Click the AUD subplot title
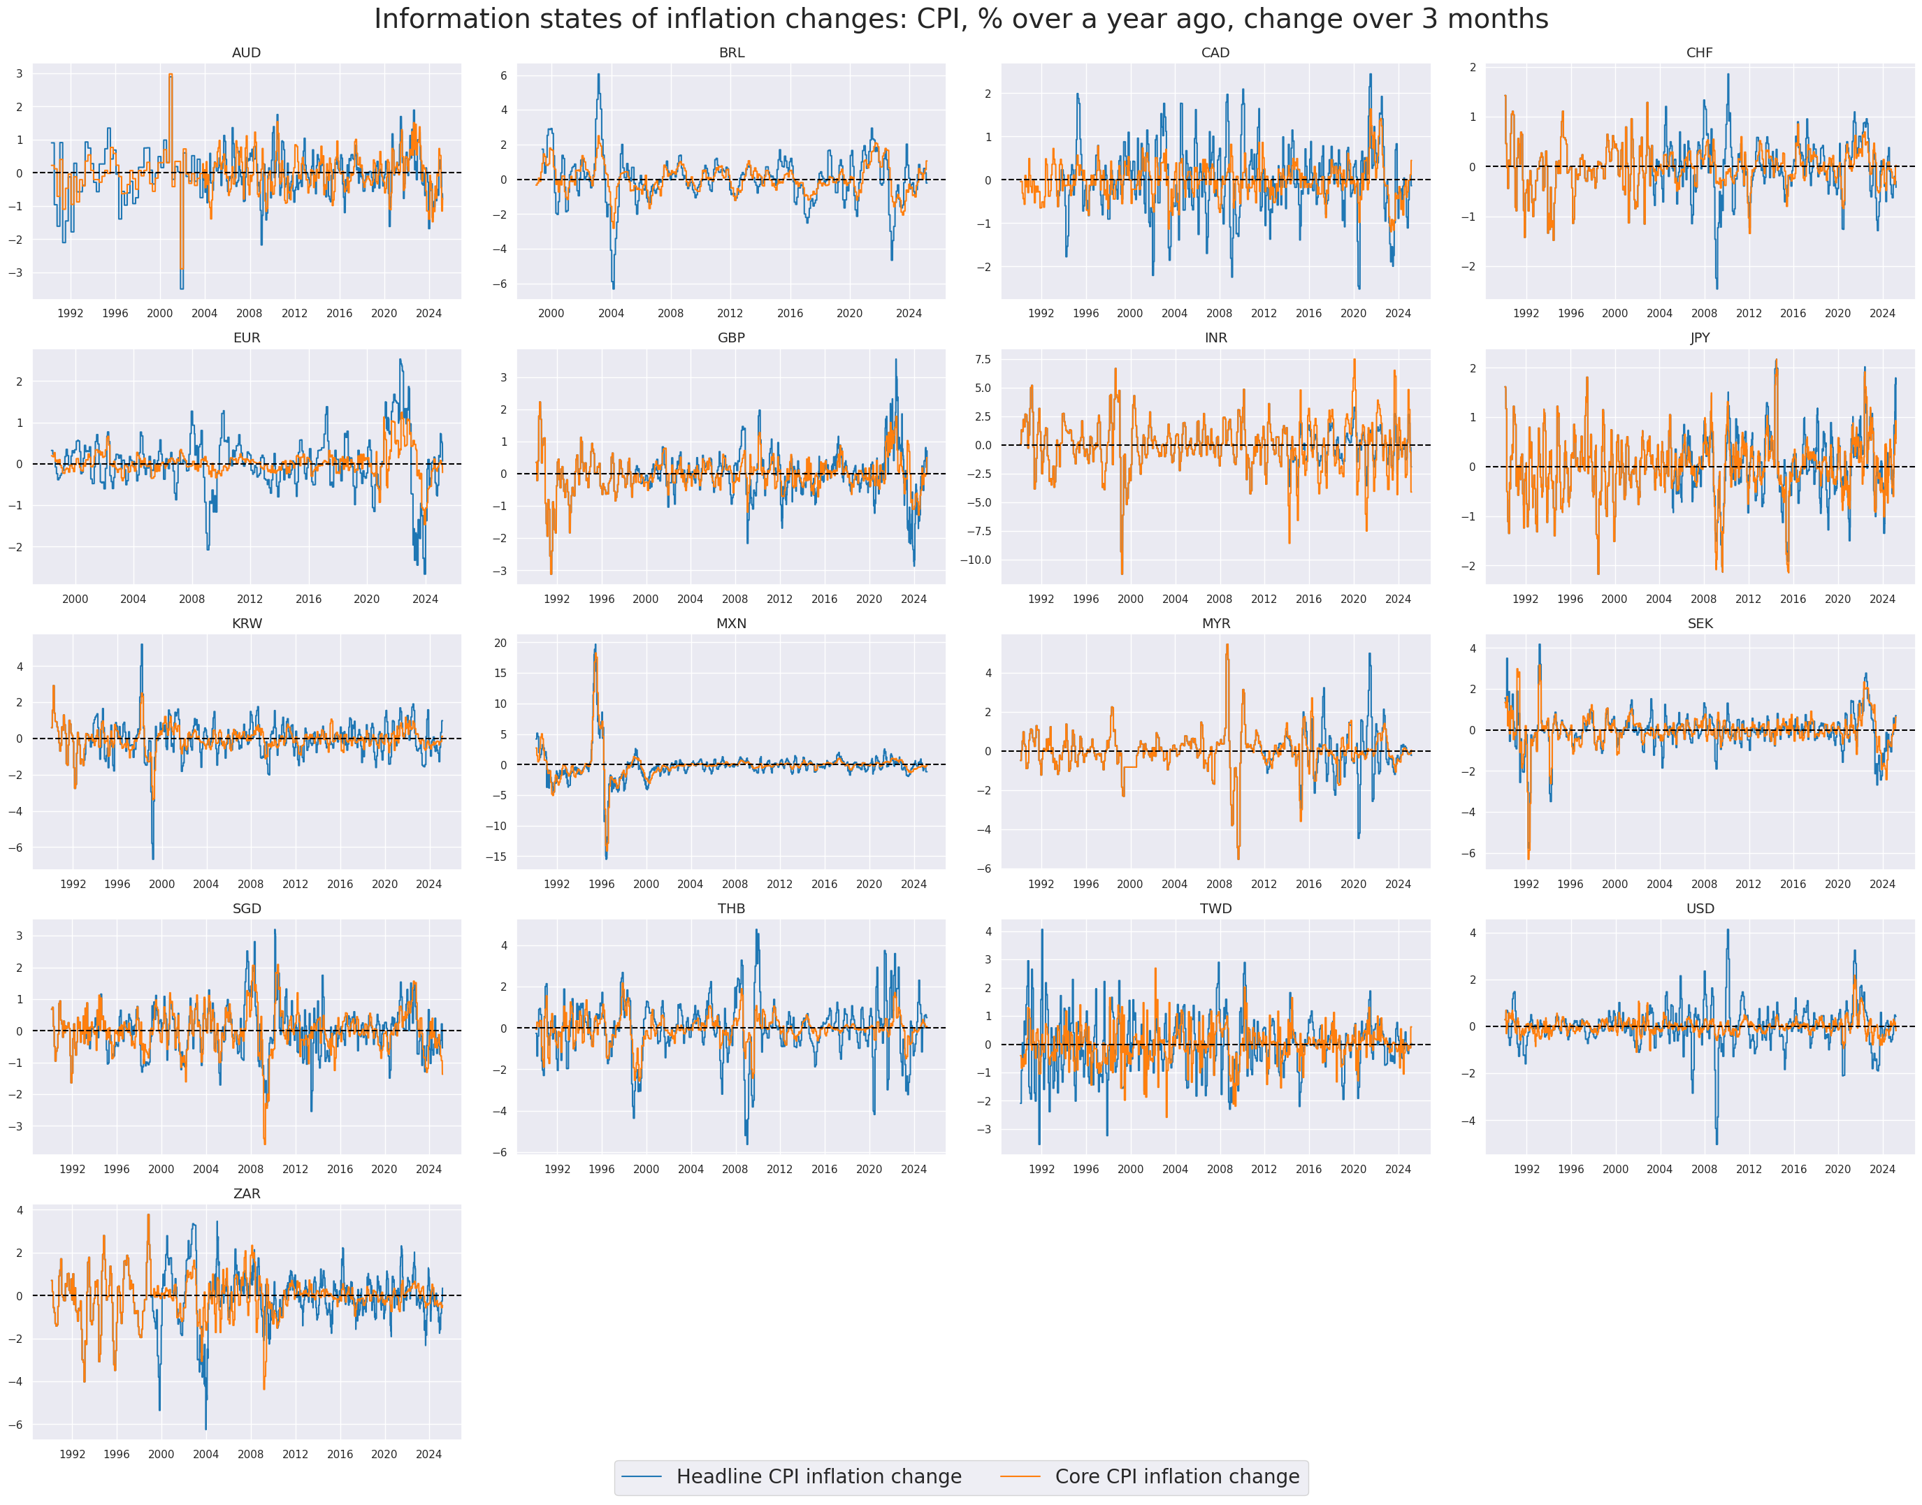pyautogui.click(x=246, y=53)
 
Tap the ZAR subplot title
pyautogui.click(x=246, y=1193)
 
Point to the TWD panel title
pyautogui.click(x=1215, y=908)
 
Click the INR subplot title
pyautogui.click(x=1215, y=337)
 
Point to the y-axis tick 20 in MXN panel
pyautogui.click(x=500, y=644)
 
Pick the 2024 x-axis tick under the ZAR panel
pyautogui.click(x=428, y=1454)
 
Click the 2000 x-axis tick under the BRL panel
pyautogui.click(x=551, y=313)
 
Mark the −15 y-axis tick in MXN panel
pyautogui.click(x=498, y=857)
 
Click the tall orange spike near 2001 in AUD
pyautogui.click(x=170, y=75)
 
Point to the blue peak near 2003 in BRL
pyautogui.click(x=598, y=75)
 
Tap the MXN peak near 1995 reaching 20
pyautogui.click(x=595, y=645)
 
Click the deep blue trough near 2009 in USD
pyautogui.click(x=1717, y=1144)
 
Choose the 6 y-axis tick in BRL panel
pyautogui.click(x=504, y=75)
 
